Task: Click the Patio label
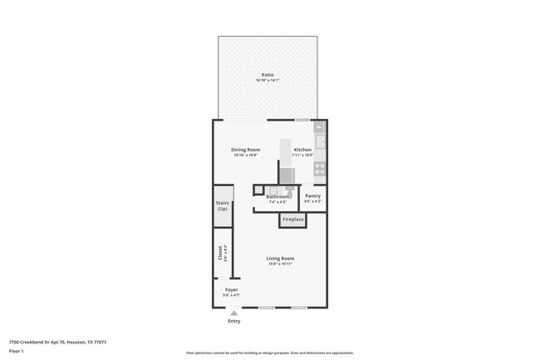(x=267, y=75)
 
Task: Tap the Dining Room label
(x=245, y=150)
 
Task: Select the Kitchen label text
(x=302, y=150)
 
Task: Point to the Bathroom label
(x=277, y=196)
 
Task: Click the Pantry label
(x=312, y=196)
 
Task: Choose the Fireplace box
(x=292, y=219)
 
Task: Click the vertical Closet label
(x=220, y=254)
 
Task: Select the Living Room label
(x=280, y=258)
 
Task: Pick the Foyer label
(x=231, y=289)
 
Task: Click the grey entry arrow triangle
(x=233, y=313)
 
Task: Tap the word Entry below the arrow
(x=233, y=321)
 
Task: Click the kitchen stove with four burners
(x=319, y=167)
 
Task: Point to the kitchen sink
(x=319, y=136)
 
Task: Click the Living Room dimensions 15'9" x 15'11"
(x=280, y=264)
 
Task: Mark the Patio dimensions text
(x=267, y=81)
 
